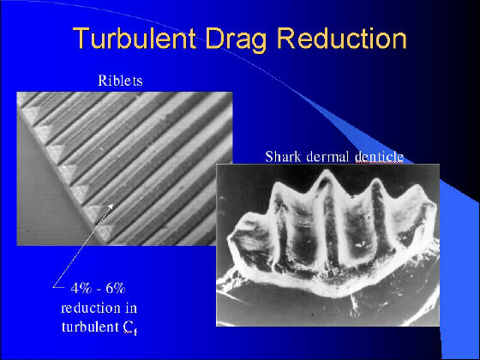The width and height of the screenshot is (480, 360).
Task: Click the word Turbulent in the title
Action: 135,39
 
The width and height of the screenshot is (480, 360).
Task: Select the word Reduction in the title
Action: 342,39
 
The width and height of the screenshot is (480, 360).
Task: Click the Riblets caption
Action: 120,81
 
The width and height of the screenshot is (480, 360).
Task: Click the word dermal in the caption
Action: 327,156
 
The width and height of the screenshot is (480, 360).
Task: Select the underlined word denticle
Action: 379,156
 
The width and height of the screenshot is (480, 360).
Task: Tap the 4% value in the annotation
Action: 81,288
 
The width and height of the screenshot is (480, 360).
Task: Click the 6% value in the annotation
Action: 116,288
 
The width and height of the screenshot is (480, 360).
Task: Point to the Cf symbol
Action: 130,327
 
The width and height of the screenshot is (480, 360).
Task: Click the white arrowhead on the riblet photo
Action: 111,207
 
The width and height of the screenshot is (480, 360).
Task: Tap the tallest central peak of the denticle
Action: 326,172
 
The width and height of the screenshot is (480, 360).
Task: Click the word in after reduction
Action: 130,308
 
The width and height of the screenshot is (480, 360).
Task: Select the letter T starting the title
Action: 81,39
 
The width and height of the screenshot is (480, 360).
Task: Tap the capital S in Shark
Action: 269,156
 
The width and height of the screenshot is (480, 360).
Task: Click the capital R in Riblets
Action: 102,81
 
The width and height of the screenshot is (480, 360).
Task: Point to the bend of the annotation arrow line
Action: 54,287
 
